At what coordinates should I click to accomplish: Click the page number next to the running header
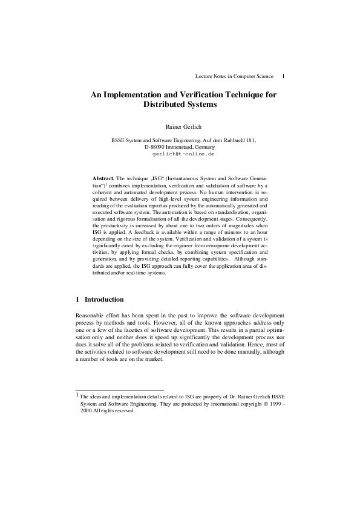click(284, 76)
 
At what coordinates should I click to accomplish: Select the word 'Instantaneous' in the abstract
click(182, 179)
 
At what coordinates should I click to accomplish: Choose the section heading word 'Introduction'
click(104, 299)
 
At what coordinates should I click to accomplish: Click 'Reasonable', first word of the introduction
click(90, 316)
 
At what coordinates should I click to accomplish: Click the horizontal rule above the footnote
click(119, 390)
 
